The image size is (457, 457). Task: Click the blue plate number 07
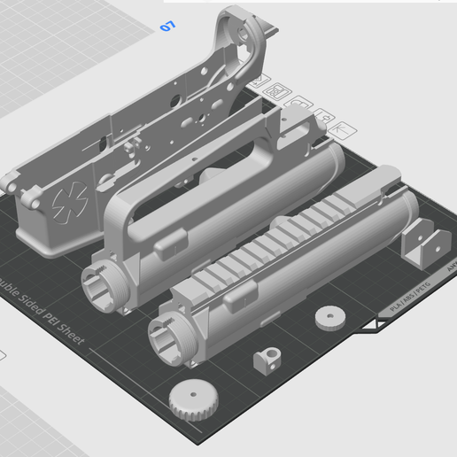pyautogui.click(x=167, y=27)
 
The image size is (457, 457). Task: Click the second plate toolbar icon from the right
pyautogui.click(x=323, y=118)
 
